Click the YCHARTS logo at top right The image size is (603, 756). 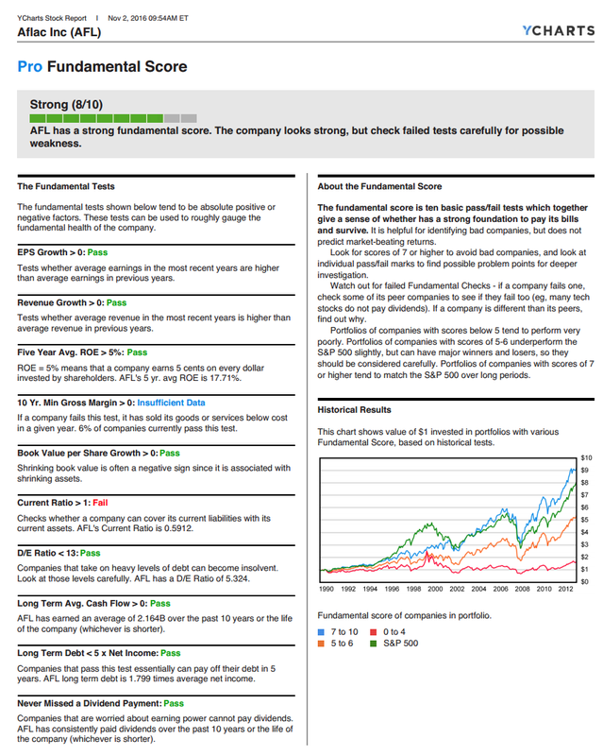point(557,31)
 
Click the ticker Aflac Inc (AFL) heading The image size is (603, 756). point(59,32)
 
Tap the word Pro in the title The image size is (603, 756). point(29,67)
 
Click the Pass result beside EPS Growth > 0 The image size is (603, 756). point(97,252)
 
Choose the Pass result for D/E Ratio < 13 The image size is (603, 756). point(90,553)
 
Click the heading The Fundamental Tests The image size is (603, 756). point(66,186)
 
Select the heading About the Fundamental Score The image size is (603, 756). point(379,186)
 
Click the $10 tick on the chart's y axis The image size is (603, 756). point(584,457)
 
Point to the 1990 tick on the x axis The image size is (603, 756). point(327,588)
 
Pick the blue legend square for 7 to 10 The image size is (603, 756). point(322,630)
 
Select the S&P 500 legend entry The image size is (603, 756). point(400,643)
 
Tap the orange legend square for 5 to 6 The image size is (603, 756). point(322,643)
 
